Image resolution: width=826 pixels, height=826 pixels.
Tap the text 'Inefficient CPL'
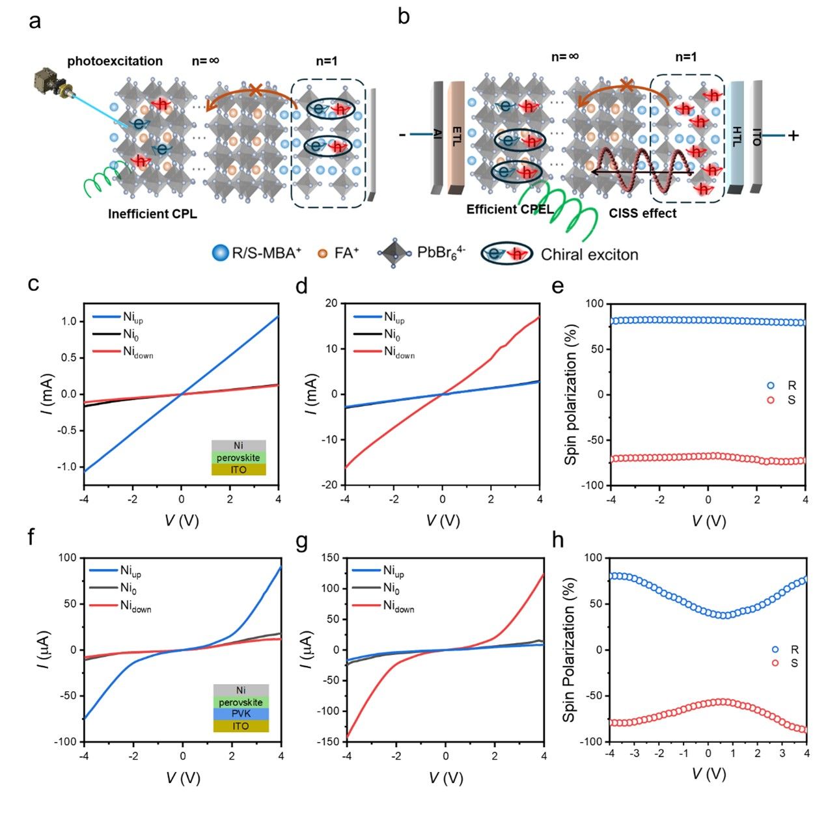(x=152, y=214)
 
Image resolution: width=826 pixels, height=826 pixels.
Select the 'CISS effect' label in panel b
(x=642, y=213)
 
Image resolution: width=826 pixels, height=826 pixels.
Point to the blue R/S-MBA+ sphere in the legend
(x=221, y=253)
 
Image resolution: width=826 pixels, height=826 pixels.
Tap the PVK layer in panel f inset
(x=241, y=714)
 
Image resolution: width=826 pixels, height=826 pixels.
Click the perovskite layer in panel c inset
(x=238, y=458)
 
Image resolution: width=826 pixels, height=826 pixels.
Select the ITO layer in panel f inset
(x=241, y=726)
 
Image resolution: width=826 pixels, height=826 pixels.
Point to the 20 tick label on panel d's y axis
(x=331, y=303)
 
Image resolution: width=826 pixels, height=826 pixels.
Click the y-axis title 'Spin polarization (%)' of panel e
(x=571, y=394)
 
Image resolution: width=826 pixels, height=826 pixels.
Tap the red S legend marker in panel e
(x=771, y=400)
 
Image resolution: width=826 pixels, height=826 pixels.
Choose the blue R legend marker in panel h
(x=775, y=649)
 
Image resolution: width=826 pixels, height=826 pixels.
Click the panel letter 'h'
(x=557, y=542)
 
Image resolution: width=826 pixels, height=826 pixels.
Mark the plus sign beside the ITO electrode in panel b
(x=793, y=135)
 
